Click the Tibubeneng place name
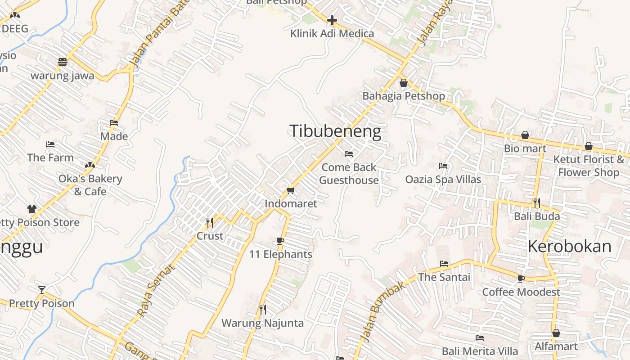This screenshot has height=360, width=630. coord(335,131)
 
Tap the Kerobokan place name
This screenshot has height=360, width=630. coord(569,247)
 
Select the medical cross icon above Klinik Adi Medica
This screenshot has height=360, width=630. coord(332,20)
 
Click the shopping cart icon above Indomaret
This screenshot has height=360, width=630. coord(291,191)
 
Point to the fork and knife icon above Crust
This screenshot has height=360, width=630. coord(210,222)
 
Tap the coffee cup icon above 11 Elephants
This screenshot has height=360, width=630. coord(280,241)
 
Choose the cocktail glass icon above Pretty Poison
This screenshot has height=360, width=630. coord(42,290)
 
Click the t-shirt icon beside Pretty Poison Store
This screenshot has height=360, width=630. coord(32,209)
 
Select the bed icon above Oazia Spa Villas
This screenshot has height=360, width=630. coord(443,166)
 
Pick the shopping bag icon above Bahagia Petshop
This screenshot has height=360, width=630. coord(404,83)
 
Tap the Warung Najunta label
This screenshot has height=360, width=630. coord(262,323)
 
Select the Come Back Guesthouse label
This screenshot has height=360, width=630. coord(349,174)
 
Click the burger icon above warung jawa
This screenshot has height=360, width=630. coord(62,62)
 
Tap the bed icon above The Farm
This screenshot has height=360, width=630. coord(50,144)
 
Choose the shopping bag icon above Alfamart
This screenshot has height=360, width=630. coord(556,333)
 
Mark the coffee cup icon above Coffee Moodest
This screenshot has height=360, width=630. coord(521,279)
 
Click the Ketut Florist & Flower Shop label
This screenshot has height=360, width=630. coord(589,166)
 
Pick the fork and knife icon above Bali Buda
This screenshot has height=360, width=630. coord(536,202)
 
